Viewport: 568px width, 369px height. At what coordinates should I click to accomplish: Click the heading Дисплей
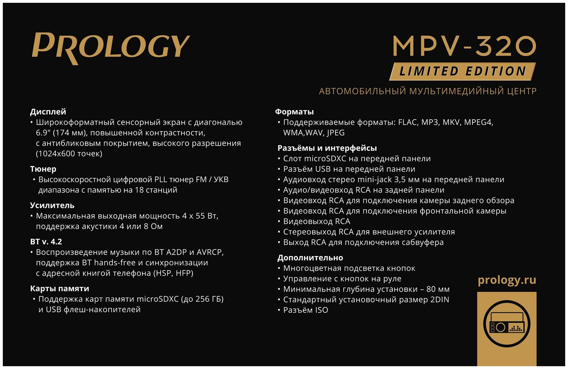click(x=48, y=112)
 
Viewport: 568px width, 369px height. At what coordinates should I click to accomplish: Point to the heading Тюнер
click(x=43, y=169)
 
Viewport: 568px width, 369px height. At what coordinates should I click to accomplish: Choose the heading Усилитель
click(x=52, y=206)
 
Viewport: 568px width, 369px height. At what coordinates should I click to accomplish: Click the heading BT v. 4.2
click(x=46, y=242)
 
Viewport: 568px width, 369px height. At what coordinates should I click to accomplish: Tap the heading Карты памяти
click(x=60, y=289)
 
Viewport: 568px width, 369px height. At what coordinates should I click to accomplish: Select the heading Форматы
click(x=294, y=112)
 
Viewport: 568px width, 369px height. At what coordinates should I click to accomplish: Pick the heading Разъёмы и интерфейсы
click(x=327, y=148)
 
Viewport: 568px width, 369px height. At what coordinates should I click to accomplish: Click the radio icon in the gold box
click(x=507, y=324)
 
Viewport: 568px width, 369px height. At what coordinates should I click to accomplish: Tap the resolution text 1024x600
click(x=58, y=154)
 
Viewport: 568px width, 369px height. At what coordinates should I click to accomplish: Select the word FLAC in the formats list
click(x=408, y=122)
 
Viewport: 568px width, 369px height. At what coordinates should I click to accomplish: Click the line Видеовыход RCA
click(x=316, y=221)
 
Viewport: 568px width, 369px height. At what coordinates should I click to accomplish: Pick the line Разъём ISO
click(x=306, y=310)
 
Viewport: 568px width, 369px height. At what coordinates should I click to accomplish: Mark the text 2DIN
click(x=440, y=300)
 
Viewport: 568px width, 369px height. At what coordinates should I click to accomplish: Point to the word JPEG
click(x=335, y=133)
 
